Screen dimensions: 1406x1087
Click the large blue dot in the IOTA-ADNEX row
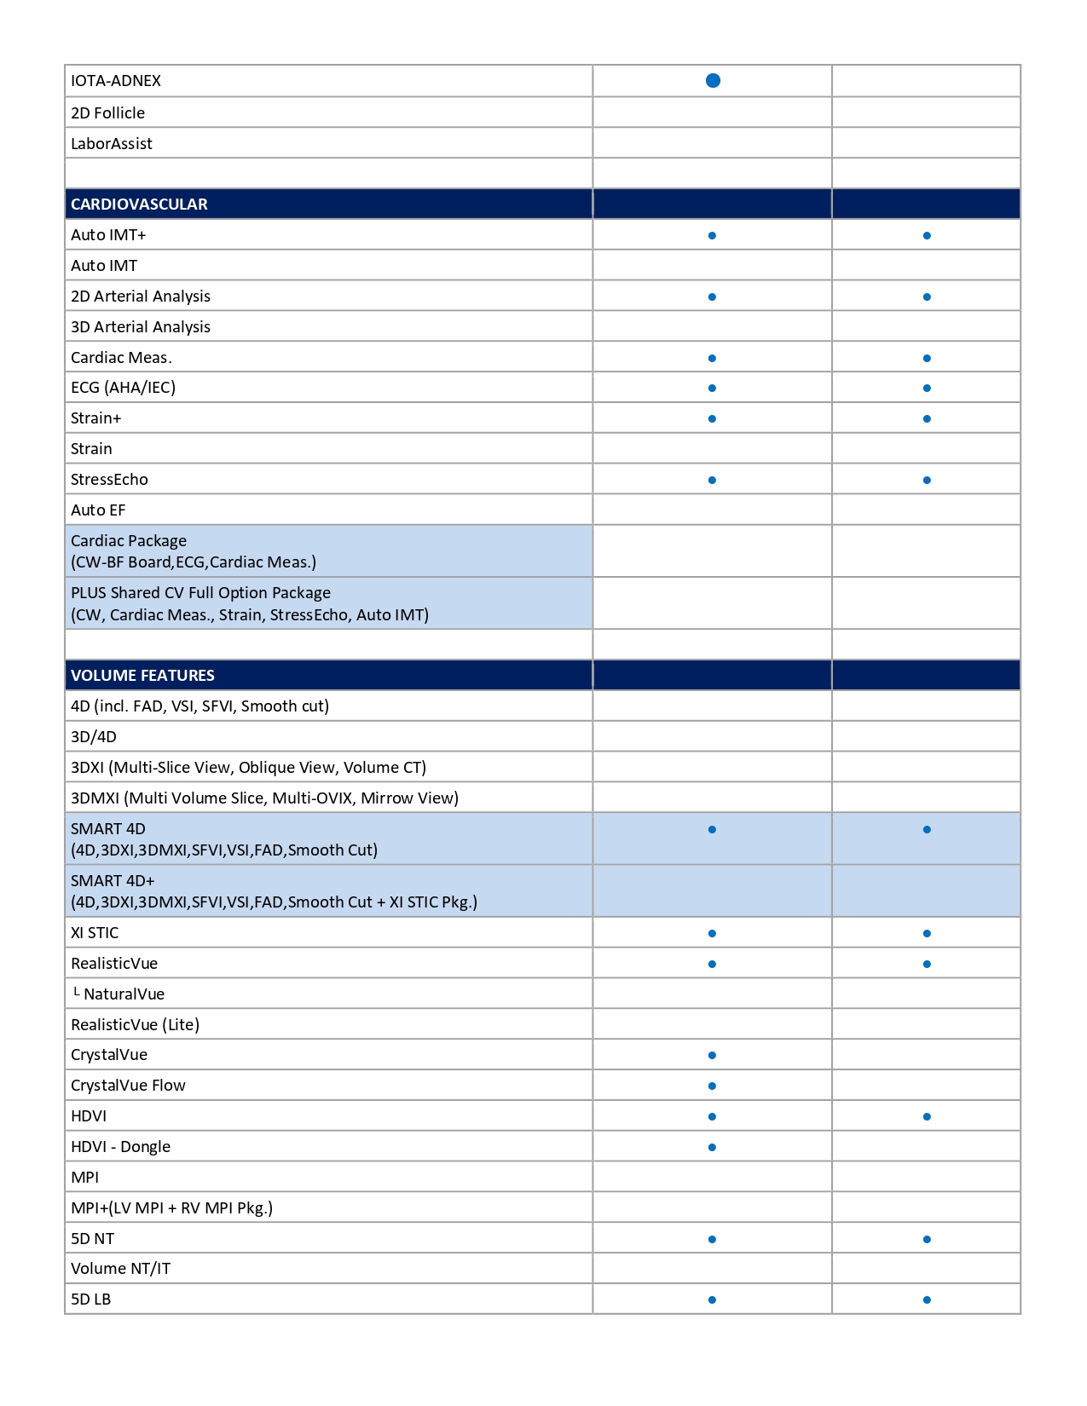point(713,80)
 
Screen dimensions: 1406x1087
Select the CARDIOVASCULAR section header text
point(139,205)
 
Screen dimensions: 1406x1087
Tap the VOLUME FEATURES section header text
point(142,676)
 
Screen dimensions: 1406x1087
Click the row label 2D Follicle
point(107,113)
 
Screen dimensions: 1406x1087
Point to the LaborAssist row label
point(111,144)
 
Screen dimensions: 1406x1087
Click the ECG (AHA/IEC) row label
point(123,388)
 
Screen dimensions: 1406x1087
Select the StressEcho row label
point(109,480)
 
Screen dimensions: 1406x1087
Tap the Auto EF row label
point(98,510)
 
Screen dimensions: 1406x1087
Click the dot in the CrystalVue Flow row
point(712,1086)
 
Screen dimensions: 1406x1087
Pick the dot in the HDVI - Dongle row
point(712,1147)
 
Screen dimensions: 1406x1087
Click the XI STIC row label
point(95,933)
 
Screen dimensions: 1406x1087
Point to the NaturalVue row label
point(124,994)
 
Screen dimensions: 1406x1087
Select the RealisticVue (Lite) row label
point(135,1025)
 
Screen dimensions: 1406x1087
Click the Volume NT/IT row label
point(120,1269)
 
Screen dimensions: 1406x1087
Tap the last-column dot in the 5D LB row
point(927,1299)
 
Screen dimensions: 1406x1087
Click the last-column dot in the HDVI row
point(927,1116)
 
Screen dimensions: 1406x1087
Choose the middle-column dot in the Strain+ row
point(712,418)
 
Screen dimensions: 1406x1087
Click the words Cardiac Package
point(129,541)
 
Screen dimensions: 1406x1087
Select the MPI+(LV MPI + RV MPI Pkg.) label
point(171,1208)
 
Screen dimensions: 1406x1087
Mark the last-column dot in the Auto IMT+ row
point(927,235)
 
